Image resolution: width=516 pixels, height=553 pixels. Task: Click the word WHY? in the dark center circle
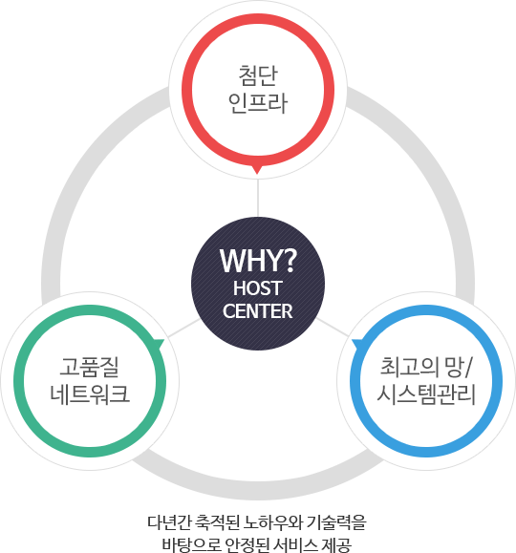[x=258, y=261]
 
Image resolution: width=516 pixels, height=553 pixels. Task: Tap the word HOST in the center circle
[x=258, y=288]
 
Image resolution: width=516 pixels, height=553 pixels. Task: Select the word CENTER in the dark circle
[x=258, y=311]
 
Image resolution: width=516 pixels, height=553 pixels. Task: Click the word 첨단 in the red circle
[x=258, y=75]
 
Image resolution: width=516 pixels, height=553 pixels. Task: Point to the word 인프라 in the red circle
[x=258, y=103]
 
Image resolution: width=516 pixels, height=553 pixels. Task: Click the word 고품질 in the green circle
[x=89, y=367]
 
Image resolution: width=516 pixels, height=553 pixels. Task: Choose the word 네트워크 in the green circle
[x=90, y=393]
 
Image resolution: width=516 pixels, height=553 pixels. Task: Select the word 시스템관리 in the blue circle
[x=426, y=393]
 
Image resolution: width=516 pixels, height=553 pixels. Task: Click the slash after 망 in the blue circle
[x=467, y=367]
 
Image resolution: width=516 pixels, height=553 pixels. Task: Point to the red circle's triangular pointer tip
[x=257, y=174]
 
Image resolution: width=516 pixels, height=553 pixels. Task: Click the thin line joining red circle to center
[x=258, y=198]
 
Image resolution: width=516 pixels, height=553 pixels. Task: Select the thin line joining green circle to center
[x=183, y=328]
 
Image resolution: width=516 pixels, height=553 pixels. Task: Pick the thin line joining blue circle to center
[x=333, y=328]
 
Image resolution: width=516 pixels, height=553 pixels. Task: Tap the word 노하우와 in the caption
[x=273, y=522]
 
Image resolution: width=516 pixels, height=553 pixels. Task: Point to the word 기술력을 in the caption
[x=337, y=522]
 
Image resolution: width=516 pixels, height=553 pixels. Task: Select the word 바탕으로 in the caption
[x=191, y=544]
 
